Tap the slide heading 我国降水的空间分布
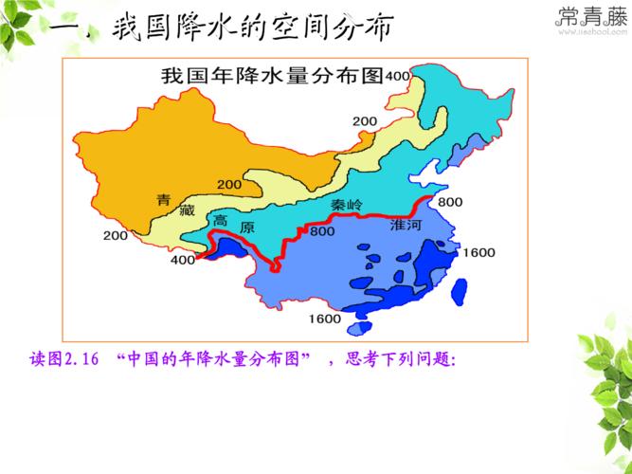250,27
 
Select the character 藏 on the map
189,210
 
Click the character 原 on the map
247,228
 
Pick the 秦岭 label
347,205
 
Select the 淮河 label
406,227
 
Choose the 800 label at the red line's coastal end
451,201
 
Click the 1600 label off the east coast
479,251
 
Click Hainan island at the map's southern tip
359,329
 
